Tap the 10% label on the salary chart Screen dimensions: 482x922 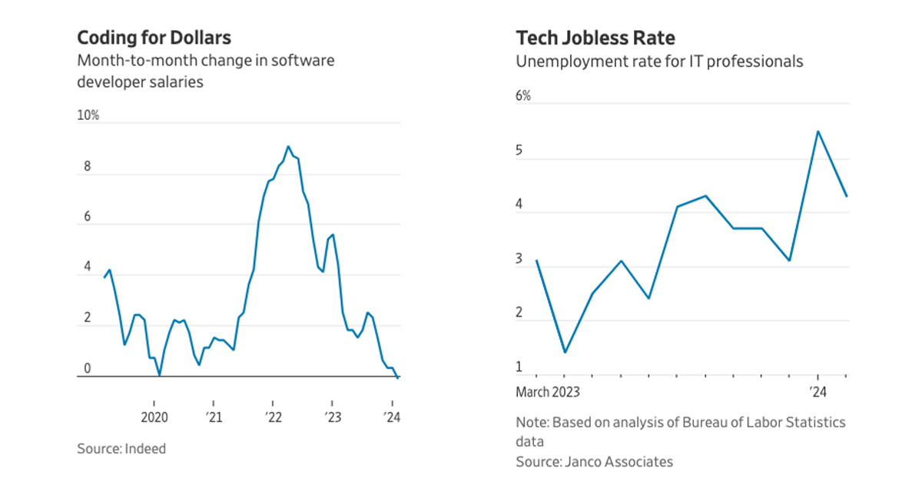(x=88, y=115)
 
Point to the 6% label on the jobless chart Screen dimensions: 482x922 (x=522, y=96)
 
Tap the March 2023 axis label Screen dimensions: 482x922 (x=547, y=392)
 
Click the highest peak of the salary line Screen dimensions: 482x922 (x=288, y=146)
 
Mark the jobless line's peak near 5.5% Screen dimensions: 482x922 (x=818, y=131)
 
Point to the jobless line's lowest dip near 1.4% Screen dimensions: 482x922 (x=565, y=352)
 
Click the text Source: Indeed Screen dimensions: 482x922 (x=121, y=448)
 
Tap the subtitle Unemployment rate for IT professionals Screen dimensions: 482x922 (x=659, y=61)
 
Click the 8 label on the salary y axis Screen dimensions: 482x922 (x=87, y=166)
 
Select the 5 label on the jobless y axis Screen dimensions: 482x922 (x=519, y=151)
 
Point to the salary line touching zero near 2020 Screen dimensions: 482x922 (x=159, y=375)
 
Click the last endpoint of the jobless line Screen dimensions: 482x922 (x=847, y=196)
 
